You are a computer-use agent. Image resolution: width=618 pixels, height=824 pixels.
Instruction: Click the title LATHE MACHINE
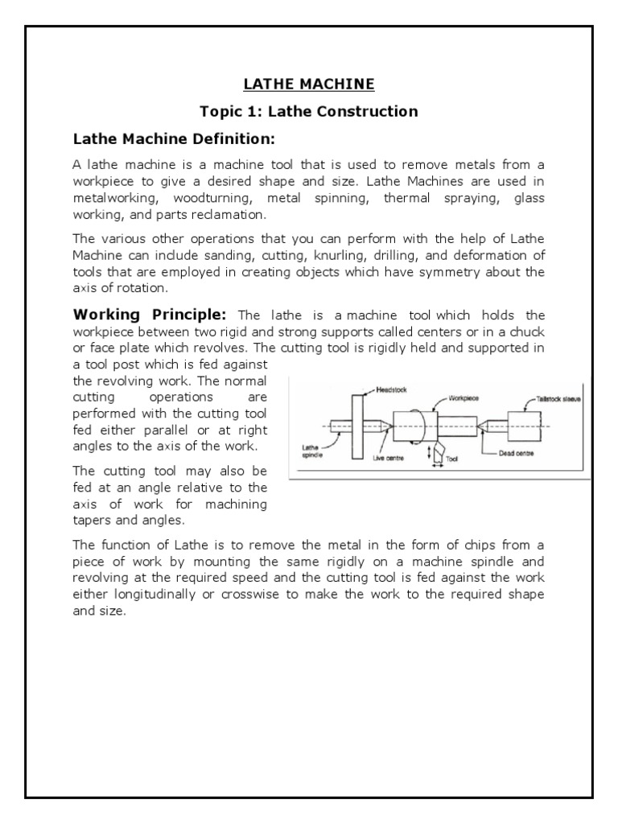tap(309, 84)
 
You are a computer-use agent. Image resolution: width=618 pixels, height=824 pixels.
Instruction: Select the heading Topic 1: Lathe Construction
tap(309, 111)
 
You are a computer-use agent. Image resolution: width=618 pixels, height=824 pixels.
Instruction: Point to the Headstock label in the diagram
tap(392, 389)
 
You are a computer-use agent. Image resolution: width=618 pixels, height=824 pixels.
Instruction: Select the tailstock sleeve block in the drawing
tap(525, 426)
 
